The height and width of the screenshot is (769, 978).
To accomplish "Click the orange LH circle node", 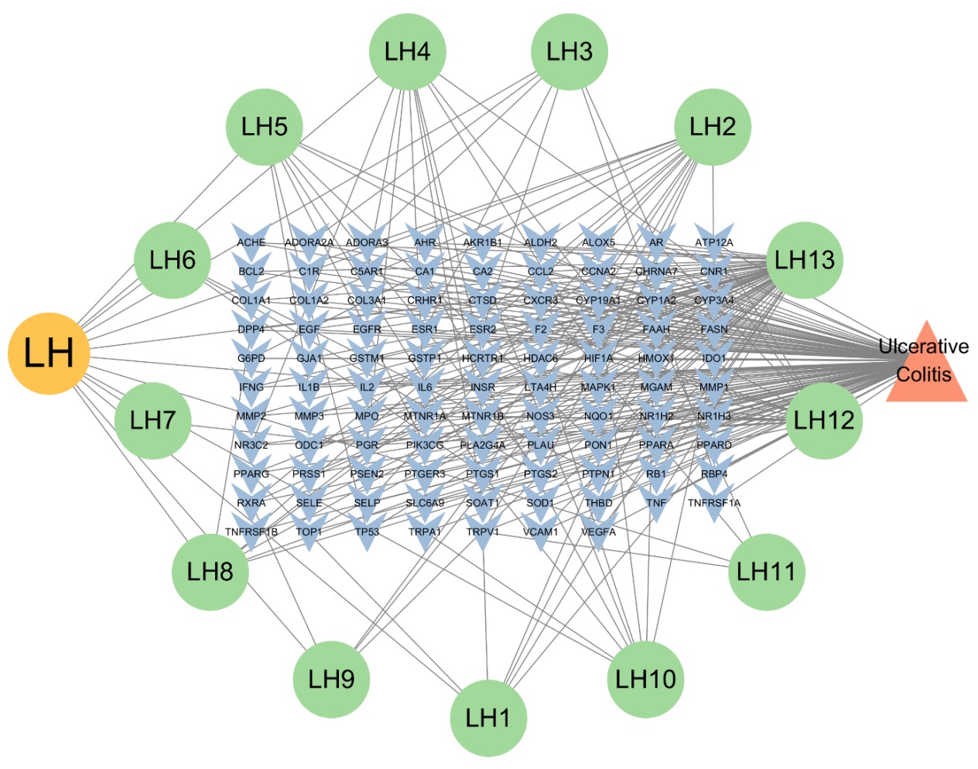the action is pos(49,354).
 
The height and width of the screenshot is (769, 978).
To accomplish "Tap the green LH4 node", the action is pos(408,52).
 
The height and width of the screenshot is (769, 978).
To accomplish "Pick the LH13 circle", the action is pos(805,260).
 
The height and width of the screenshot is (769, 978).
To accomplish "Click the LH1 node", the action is pos(488,718).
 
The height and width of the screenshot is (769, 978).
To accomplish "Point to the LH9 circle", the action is pos(331,679).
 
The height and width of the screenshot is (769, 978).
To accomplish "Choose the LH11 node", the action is pos(766,572).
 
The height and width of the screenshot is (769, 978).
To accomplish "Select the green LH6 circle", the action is pos(173,260).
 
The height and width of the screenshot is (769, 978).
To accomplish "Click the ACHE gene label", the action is pos(251,242).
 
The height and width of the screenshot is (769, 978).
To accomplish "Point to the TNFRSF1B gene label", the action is pos(251,532).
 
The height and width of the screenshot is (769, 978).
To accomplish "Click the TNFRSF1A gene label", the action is pos(714,503).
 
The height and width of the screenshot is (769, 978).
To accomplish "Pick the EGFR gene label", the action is pos(367,330).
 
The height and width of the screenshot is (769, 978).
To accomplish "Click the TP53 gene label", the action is pos(367,532).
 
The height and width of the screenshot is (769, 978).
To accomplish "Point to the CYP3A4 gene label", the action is pos(714,300).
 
